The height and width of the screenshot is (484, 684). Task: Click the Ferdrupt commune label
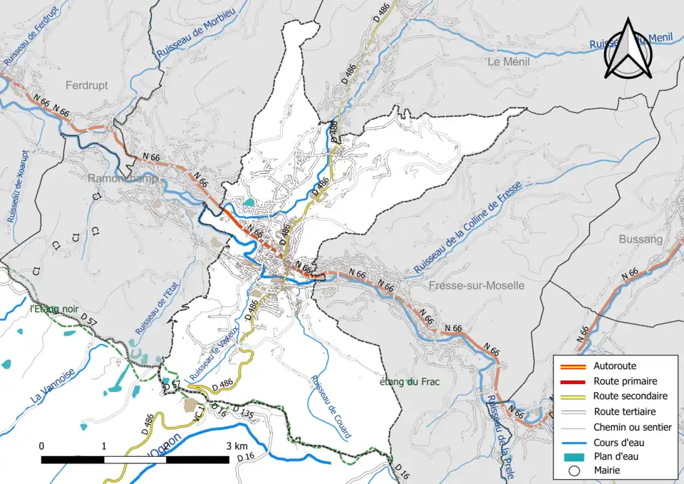tap(86, 85)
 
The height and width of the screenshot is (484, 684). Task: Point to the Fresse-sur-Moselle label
tap(477, 286)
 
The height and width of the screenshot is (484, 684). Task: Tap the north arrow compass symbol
tap(628, 50)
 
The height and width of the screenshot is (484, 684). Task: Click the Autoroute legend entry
tap(615, 366)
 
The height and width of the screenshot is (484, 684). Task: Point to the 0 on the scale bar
tap(41, 446)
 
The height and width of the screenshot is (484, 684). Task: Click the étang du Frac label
tap(409, 382)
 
